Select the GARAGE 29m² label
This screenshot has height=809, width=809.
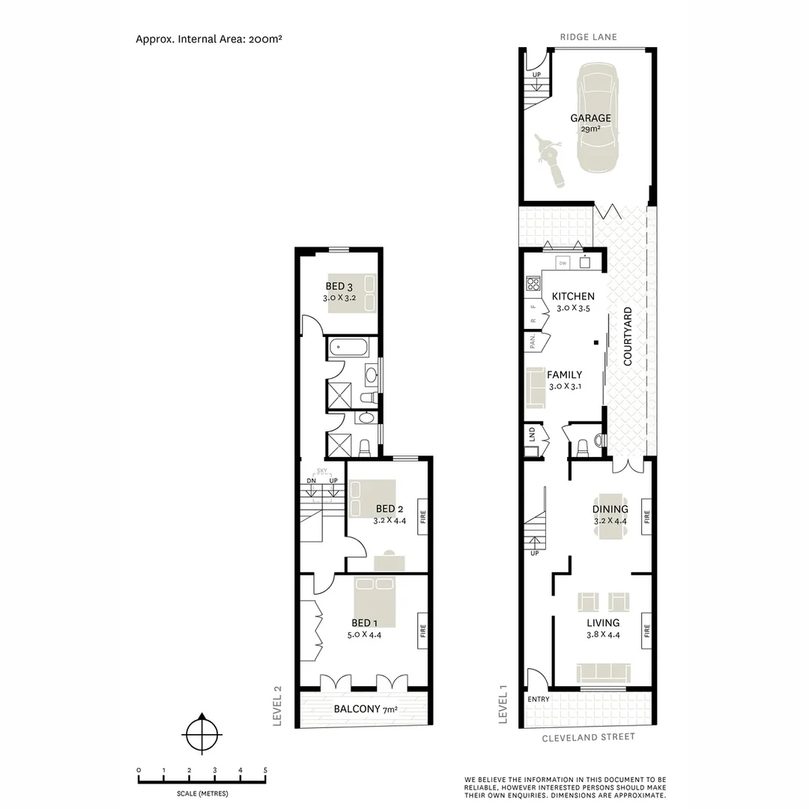[590, 123]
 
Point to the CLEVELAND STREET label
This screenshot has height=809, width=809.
[588, 737]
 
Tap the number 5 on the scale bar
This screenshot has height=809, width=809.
[265, 770]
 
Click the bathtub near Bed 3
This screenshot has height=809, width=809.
[348, 348]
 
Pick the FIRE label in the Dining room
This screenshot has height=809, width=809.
[646, 517]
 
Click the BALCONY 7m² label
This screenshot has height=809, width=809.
[363, 709]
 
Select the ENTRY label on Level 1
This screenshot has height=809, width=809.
[539, 700]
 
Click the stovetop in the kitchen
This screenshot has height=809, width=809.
[533, 283]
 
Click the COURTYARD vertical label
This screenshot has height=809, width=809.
[628, 336]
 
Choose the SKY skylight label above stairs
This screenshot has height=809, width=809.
[323, 471]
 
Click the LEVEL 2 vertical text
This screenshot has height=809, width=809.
[278, 706]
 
